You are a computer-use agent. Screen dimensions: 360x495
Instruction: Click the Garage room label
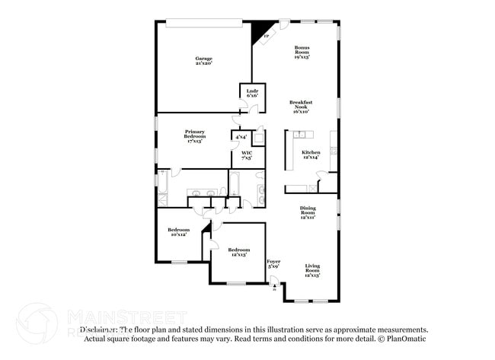[203, 59]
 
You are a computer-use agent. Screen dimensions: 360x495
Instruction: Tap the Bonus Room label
[302, 52]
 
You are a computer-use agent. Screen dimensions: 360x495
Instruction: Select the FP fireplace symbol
[266, 36]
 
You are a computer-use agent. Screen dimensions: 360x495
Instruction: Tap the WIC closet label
[247, 155]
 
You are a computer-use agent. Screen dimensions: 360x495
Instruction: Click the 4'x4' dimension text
[241, 137]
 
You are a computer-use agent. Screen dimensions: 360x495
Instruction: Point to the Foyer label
[273, 263]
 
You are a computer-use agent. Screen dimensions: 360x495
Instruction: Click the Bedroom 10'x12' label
[178, 232]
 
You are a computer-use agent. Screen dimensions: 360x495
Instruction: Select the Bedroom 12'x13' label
[239, 252]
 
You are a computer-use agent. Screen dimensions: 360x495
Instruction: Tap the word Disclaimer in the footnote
[101, 330]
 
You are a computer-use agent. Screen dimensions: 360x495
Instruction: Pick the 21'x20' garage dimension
[203, 63]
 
